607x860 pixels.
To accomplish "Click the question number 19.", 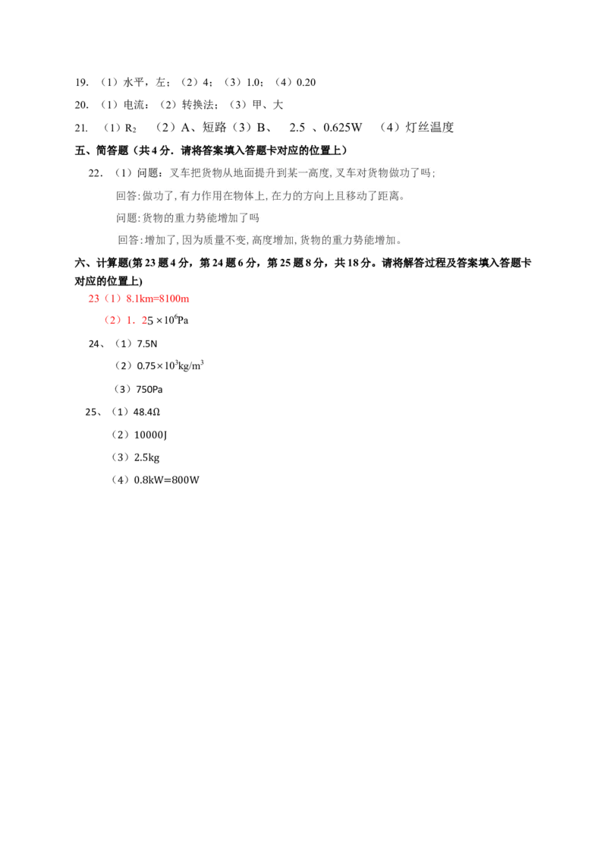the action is click(x=82, y=82).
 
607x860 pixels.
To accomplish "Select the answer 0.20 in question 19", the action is click(x=306, y=82).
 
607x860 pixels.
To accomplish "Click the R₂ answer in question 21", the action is click(x=131, y=128).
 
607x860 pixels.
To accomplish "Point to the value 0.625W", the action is click(x=342, y=127).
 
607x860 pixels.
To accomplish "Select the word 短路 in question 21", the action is click(x=214, y=127).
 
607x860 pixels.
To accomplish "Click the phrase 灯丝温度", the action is click(x=429, y=127).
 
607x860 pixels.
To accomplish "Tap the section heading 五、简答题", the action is click(x=102, y=150).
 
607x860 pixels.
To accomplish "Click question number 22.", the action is click(x=96, y=173).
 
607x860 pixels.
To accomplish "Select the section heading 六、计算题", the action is click(x=102, y=264).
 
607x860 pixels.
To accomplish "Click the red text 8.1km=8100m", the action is click(x=158, y=299).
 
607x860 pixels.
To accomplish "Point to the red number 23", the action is click(x=93, y=299).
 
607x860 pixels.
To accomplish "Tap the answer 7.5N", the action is click(x=147, y=344).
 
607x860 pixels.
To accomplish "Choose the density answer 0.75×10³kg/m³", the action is click(x=170, y=365).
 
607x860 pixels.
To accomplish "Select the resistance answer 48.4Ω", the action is click(x=146, y=412).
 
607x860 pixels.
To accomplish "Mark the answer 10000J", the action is click(x=150, y=435).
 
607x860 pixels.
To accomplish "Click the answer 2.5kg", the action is click(x=147, y=457).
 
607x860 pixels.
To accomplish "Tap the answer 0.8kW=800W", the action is click(x=166, y=480).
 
